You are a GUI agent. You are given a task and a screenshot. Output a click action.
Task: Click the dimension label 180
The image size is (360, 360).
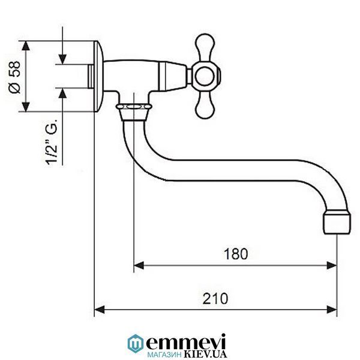point(236,254)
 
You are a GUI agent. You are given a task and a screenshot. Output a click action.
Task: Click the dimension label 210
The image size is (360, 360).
point(215,298)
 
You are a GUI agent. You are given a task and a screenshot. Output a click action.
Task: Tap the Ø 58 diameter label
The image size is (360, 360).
point(14,77)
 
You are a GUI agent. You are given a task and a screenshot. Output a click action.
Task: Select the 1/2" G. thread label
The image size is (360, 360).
point(52,142)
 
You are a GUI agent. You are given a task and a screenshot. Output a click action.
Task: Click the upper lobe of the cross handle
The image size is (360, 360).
point(205,47)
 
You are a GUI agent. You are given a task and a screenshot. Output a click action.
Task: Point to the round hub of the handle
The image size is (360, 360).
point(205,76)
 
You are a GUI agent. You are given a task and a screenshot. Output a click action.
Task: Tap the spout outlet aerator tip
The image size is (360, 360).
point(337,223)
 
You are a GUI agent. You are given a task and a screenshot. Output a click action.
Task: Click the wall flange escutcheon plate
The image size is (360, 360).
point(98,76)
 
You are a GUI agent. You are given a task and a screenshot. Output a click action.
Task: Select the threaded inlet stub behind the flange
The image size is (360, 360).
point(91,76)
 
